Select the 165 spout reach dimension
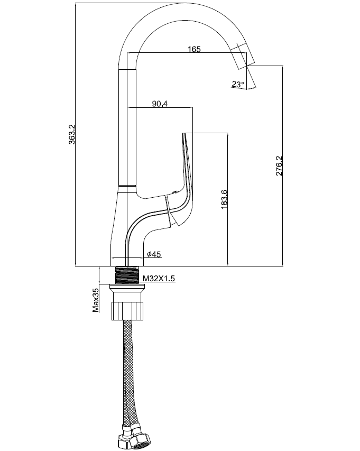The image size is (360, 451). coord(194,50)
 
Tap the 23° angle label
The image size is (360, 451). coord(238,84)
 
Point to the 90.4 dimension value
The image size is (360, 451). coord(160,104)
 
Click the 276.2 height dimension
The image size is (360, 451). coord(279,165)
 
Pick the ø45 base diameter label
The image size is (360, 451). coord(154,254)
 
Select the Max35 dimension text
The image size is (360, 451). coord(96,300)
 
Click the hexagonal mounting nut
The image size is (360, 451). coord(127,310)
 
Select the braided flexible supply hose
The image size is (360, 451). coord(127,370)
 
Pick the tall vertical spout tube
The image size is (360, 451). coord(127,127)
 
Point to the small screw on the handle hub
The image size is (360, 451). coord(175,193)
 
